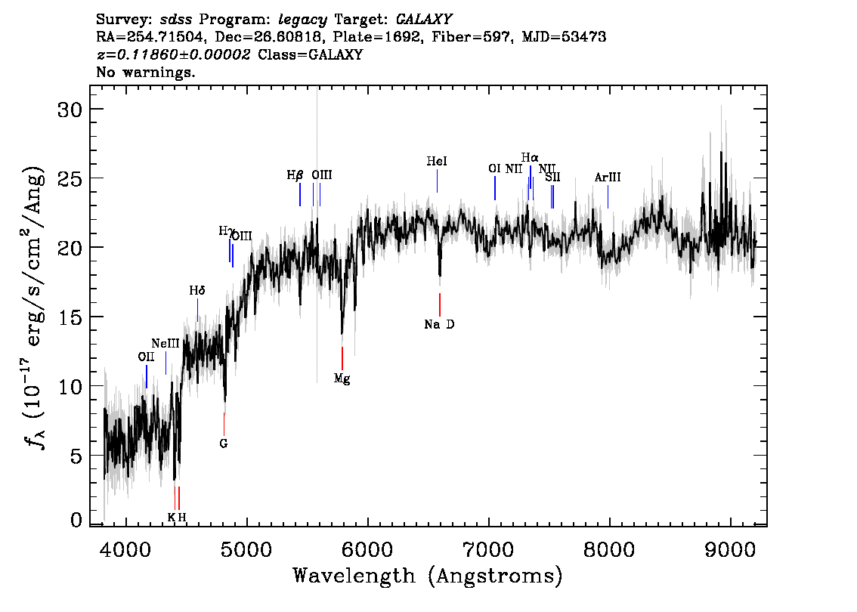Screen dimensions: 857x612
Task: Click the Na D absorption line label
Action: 439,325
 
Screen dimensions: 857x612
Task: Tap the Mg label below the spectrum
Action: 342,378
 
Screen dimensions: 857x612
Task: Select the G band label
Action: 223,444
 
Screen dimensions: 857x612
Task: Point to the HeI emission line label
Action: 437,161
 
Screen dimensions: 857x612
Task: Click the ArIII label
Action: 608,177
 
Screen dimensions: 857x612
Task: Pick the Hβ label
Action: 295,175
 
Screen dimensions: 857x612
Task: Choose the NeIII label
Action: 166,344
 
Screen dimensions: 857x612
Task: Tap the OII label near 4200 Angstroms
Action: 146,357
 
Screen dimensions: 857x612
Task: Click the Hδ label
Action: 196,291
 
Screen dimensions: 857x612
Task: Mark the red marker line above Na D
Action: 439,304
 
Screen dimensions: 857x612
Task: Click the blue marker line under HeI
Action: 438,181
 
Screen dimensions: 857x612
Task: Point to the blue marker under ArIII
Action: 608,196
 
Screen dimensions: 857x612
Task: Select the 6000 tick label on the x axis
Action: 368,549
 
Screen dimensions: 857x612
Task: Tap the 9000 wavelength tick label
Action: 729,549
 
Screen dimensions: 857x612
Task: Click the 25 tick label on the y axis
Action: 70,178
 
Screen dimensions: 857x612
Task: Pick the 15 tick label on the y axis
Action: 70,317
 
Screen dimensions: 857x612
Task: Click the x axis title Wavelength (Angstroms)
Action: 428,576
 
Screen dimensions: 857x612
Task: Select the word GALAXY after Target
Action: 423,20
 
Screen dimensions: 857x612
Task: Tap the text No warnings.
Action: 145,72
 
